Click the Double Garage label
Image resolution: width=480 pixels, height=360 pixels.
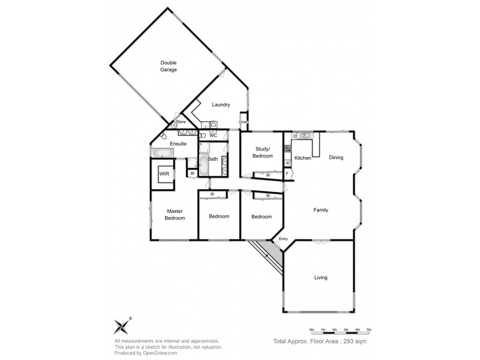point(168,66)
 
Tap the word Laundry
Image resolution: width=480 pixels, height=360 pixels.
point(221,105)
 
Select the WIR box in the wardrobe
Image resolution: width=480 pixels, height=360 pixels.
point(164,174)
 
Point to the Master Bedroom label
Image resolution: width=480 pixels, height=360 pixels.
point(175,214)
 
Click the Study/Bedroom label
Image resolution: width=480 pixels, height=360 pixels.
point(263,152)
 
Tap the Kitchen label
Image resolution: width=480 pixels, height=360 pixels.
point(302,158)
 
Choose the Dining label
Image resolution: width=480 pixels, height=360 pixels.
point(337,158)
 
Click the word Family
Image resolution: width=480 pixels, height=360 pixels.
point(322,210)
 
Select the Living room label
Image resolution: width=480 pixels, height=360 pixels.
point(322,277)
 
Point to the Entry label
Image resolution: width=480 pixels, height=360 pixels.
point(283,239)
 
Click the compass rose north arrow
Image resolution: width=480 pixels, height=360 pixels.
point(123,326)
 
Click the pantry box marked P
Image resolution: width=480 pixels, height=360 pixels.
point(287,174)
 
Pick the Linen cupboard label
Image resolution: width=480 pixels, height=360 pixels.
point(243,122)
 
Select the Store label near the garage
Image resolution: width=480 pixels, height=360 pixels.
point(181,122)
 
